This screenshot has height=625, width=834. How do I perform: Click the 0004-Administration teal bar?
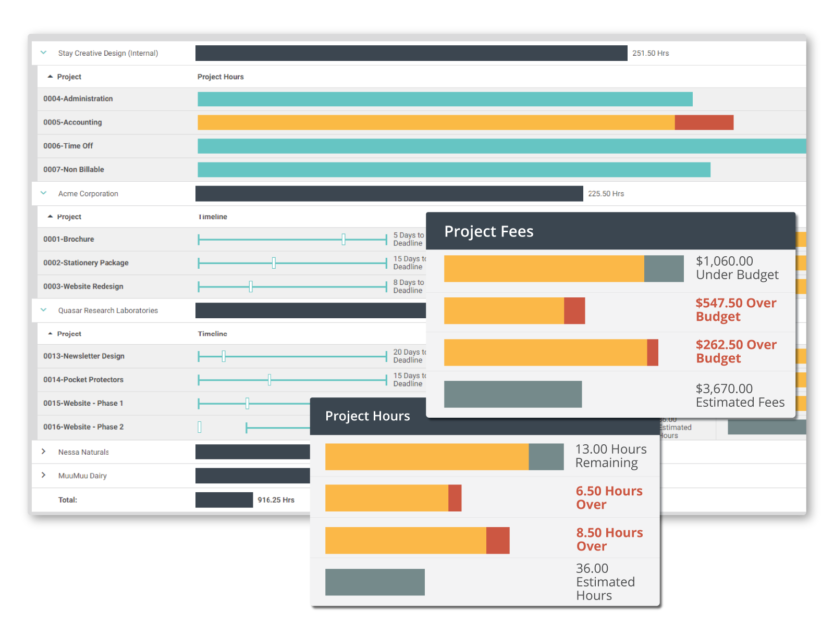(445, 99)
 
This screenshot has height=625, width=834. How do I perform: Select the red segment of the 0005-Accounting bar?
(704, 122)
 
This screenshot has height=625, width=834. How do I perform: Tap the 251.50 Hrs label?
(651, 53)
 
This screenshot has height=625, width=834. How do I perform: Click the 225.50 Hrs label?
(606, 194)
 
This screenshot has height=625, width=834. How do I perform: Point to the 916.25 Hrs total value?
(276, 500)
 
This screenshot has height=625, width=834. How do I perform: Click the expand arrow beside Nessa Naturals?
(44, 452)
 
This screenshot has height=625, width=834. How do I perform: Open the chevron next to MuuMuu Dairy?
(44, 475)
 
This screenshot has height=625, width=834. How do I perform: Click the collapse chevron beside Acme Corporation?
(44, 193)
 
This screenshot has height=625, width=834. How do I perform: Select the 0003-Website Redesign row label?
(83, 286)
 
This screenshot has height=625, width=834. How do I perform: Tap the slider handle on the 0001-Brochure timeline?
(344, 239)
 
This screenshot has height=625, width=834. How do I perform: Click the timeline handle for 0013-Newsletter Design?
(224, 356)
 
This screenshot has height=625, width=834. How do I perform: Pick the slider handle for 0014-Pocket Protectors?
(269, 380)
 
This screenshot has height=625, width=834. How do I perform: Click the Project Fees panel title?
(488, 231)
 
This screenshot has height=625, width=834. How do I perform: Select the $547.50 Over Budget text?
(735, 310)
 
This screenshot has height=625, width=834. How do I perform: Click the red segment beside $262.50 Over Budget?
(653, 353)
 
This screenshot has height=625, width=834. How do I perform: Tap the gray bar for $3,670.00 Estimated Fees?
(513, 394)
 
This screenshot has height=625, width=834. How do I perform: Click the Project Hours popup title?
(367, 416)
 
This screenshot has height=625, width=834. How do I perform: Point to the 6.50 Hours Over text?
(609, 497)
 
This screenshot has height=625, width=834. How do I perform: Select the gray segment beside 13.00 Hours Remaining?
(546, 457)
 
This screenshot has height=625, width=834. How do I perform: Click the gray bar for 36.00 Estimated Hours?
(375, 582)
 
